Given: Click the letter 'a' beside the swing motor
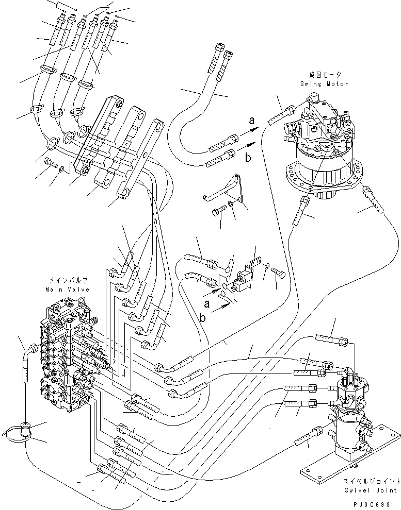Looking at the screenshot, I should click(251, 121).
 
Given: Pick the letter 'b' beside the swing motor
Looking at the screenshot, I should click(249, 158).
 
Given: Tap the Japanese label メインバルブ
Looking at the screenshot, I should click(68, 281).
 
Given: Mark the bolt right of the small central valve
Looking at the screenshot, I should click(279, 274).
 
